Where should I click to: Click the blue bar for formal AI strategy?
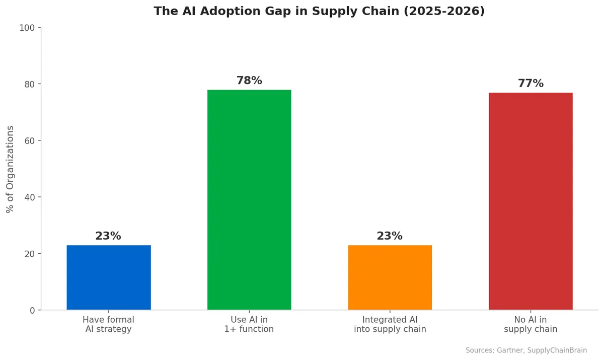(108, 277)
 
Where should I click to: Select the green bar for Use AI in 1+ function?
(249, 200)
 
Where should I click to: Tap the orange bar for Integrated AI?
(390, 277)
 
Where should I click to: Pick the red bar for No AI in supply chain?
(531, 201)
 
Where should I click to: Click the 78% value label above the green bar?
(249, 81)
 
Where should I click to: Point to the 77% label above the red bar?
(531, 84)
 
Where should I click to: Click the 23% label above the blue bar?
(108, 236)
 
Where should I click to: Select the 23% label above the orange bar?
(390, 236)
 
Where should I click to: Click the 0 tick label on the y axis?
(32, 311)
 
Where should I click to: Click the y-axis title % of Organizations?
(10, 169)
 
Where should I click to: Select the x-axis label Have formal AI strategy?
(108, 324)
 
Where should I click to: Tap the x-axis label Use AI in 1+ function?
(249, 324)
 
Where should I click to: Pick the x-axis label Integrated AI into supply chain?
(390, 324)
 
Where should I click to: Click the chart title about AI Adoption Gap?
(319, 11)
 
